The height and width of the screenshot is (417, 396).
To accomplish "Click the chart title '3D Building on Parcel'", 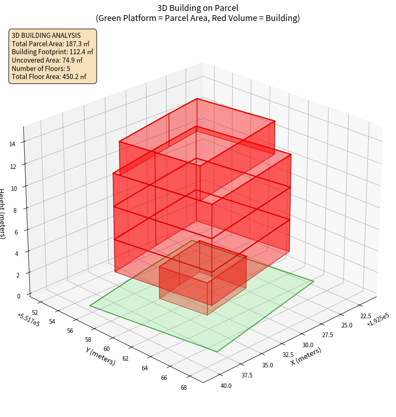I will [198, 8].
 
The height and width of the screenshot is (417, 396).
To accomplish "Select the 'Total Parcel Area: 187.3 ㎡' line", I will [51, 44].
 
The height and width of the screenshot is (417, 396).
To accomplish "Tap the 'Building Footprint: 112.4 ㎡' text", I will [52, 52].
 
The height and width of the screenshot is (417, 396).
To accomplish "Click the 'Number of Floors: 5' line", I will [41, 68].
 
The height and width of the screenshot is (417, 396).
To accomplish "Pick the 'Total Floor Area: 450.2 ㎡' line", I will [49, 77].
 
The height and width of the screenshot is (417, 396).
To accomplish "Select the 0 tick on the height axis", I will [18, 296].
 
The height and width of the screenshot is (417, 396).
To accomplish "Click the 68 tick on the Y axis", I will [183, 387].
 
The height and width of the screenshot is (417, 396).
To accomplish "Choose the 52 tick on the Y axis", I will [35, 313].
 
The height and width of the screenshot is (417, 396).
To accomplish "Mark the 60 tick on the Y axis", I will [107, 349].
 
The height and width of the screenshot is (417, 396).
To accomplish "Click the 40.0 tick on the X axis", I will [225, 386].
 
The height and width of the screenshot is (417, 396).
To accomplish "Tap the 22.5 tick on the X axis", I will [365, 316].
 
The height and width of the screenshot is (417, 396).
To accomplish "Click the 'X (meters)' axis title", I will [306, 356].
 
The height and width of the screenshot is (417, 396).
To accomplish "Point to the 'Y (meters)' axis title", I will [101, 356].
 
